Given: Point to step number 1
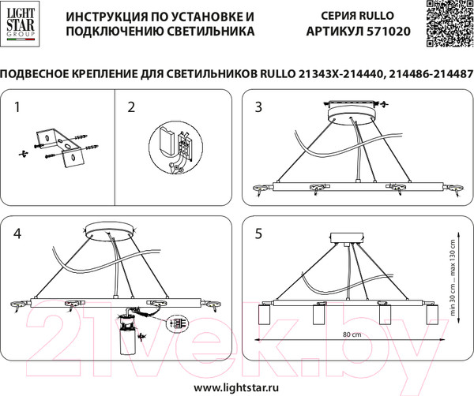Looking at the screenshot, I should pyautogui.click(x=17, y=106).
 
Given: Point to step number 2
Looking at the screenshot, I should pyautogui.click(x=131, y=106).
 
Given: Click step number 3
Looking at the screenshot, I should pyautogui.click(x=258, y=106).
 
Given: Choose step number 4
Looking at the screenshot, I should pyautogui.click(x=17, y=233).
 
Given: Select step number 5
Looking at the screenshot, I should pyautogui.click(x=258, y=233).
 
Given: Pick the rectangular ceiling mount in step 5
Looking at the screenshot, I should pyautogui.click(x=348, y=238).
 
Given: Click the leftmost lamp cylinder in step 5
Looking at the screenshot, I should pyautogui.click(x=264, y=317).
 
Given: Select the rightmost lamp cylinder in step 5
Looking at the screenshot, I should pyautogui.click(x=432, y=317).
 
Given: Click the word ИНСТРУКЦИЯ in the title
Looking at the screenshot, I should pyautogui.click(x=106, y=16).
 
